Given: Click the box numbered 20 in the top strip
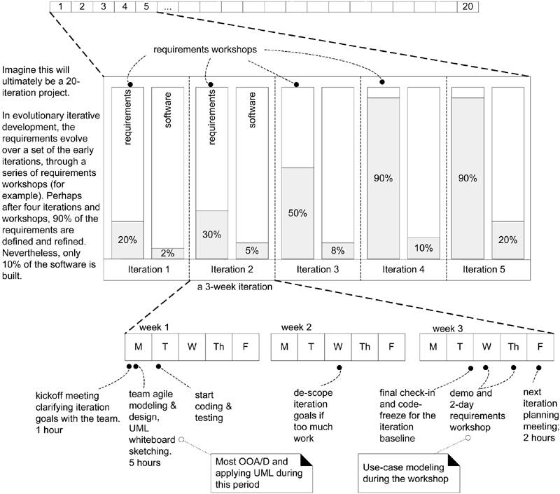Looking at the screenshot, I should (467, 7).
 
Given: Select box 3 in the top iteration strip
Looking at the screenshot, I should (103, 7).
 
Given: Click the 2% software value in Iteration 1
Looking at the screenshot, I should (168, 253).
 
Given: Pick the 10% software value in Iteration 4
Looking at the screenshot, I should (423, 248).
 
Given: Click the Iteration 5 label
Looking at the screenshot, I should (487, 270).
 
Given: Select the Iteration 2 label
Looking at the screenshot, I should (231, 270).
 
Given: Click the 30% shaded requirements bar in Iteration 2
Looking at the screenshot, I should (212, 234).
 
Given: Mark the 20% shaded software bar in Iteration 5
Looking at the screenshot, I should (508, 240).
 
